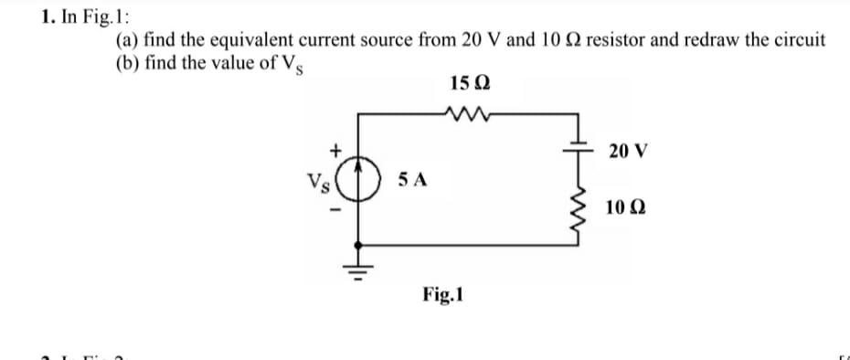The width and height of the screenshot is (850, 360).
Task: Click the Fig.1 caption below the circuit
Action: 444,295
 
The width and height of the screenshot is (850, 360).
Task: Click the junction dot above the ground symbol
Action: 356,244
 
